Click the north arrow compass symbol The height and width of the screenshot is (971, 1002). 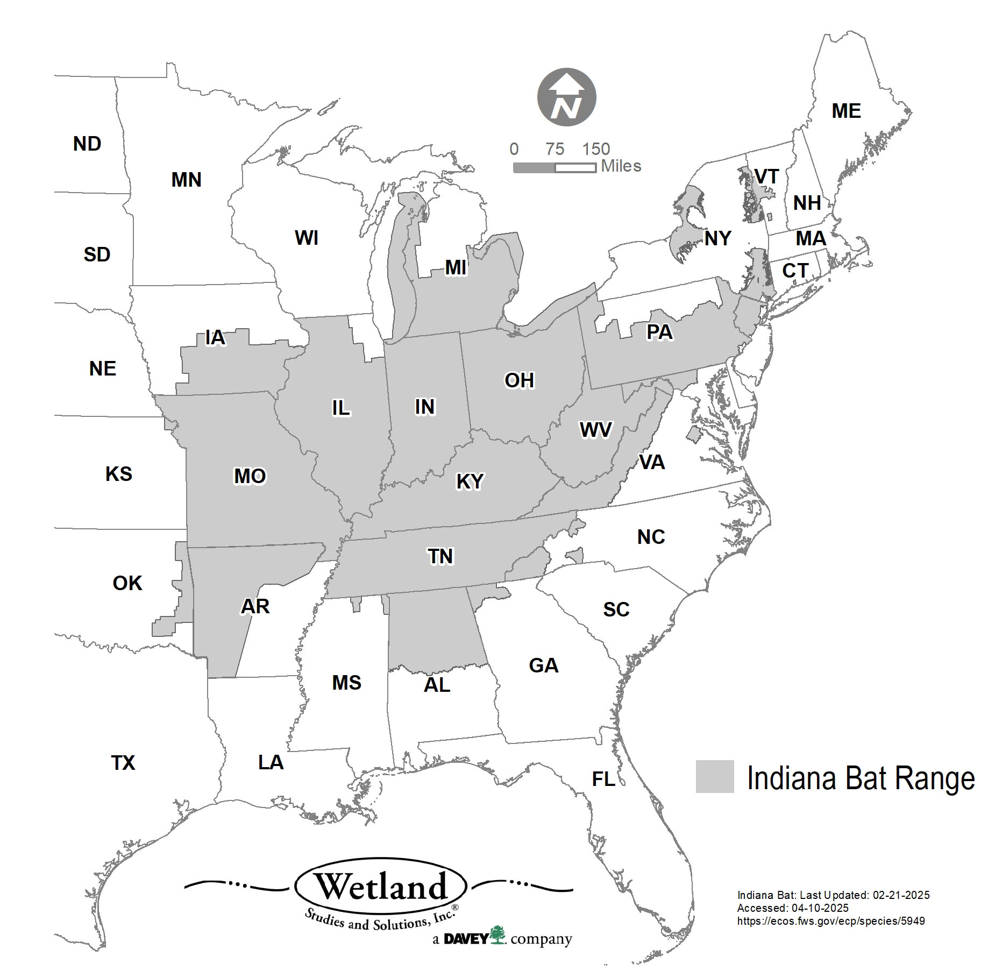tap(567, 98)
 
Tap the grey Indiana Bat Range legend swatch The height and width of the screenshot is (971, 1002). tap(714, 776)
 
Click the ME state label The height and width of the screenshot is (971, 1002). tap(846, 111)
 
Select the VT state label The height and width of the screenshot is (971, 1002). tap(766, 176)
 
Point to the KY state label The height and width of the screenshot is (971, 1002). tap(470, 481)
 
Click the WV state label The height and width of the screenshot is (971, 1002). tap(595, 430)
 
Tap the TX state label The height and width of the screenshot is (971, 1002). tap(123, 763)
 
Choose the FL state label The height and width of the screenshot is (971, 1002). tap(603, 779)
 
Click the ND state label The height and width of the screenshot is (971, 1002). tap(87, 144)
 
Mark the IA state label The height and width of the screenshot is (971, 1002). tap(215, 338)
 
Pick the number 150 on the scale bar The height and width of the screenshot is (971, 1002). tap(596, 149)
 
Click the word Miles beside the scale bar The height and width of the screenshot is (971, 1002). tap(621, 166)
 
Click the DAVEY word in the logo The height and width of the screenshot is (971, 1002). tap(466, 939)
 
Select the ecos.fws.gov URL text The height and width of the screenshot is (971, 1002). tap(830, 920)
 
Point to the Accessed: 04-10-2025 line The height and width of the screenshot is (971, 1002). tap(792, 908)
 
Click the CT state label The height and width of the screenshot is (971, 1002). tap(795, 271)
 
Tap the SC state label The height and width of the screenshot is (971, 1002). tap(616, 609)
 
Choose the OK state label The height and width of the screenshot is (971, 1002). tap(127, 583)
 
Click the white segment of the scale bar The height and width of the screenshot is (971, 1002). tap(575, 168)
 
